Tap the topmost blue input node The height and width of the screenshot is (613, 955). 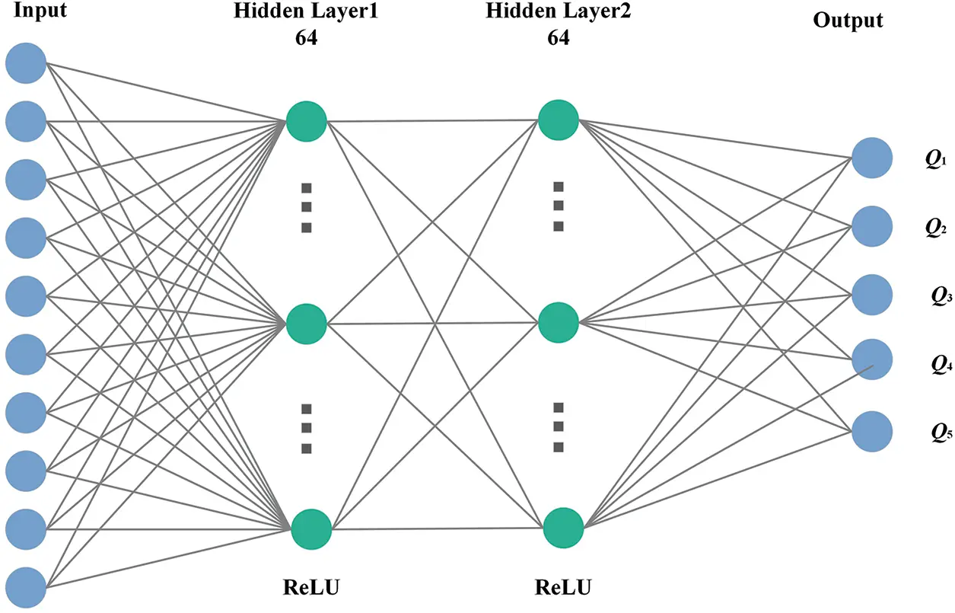pyautogui.click(x=26, y=62)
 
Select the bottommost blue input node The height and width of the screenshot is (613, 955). pyautogui.click(x=26, y=586)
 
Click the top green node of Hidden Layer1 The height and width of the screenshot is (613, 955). pyautogui.click(x=307, y=120)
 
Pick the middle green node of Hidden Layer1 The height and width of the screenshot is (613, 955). pyautogui.click(x=307, y=323)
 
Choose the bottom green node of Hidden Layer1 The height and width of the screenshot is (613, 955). pyautogui.click(x=311, y=528)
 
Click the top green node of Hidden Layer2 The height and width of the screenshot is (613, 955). pyautogui.click(x=558, y=120)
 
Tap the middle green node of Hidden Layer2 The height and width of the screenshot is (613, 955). pyautogui.click(x=558, y=322)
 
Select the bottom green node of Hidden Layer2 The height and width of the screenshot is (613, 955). pyautogui.click(x=563, y=528)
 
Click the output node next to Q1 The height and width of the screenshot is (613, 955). pyautogui.click(x=872, y=158)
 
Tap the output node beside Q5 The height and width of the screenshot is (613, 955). pyautogui.click(x=872, y=432)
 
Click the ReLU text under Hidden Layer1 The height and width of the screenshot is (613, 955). pyautogui.click(x=310, y=588)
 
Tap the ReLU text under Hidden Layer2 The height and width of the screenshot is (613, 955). pyautogui.click(x=563, y=588)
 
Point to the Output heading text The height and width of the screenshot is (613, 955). pyautogui.click(x=848, y=21)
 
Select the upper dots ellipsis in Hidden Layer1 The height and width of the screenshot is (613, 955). pyautogui.click(x=307, y=207)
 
